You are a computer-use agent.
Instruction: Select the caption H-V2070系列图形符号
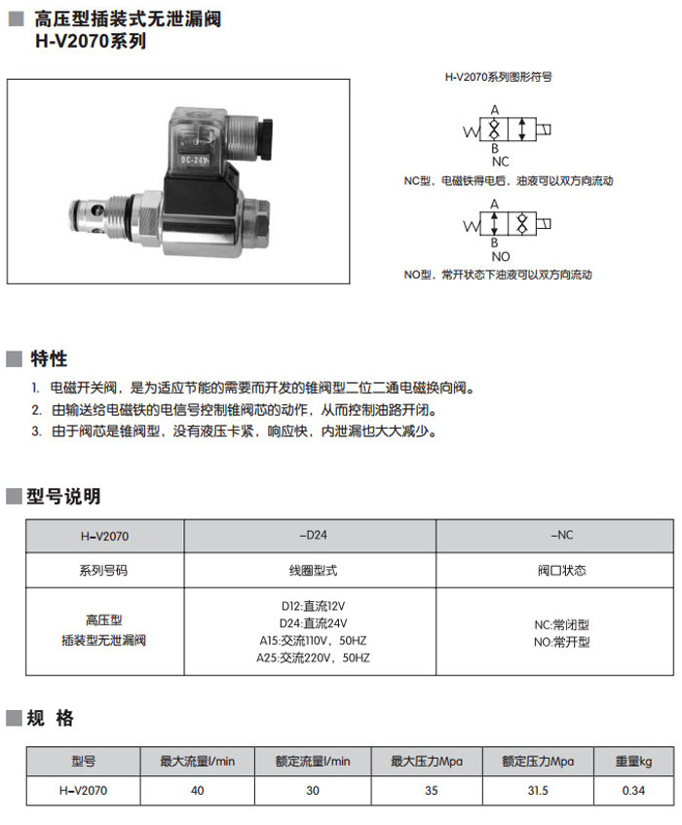pyautogui.click(x=498, y=76)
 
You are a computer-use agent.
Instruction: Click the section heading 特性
pyautogui.click(x=49, y=358)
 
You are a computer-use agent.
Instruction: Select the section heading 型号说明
pyautogui.click(x=64, y=497)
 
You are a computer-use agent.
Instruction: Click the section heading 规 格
pyautogui.click(x=51, y=719)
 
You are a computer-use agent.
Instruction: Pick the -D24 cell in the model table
pyautogui.click(x=310, y=535)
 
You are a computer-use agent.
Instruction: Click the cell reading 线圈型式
pyautogui.click(x=310, y=570)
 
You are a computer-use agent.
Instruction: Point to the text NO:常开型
pyautogui.click(x=561, y=642)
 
